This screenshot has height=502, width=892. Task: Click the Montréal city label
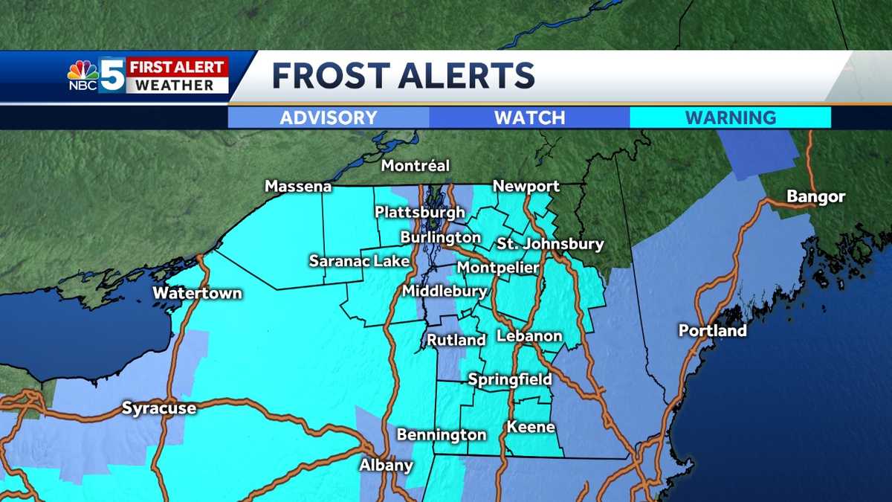point(416,166)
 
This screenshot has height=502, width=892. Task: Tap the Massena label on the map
point(298,187)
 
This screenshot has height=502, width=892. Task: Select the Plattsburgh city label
point(419,213)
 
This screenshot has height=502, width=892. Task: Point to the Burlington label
point(440,237)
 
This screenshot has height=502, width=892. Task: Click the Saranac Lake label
point(349,261)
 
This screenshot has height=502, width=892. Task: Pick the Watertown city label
point(197,293)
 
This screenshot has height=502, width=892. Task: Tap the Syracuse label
point(159,408)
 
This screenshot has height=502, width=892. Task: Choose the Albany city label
point(386,466)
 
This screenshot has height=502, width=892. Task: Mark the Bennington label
point(442,434)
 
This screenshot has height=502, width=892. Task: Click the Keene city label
point(531,427)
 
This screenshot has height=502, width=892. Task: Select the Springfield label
point(510,380)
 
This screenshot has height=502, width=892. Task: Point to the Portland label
point(712,330)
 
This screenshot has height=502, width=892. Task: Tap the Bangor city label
point(815,197)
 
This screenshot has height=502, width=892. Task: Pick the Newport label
point(526,187)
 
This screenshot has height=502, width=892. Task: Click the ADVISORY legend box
point(329,118)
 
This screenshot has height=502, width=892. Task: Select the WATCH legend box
point(529,118)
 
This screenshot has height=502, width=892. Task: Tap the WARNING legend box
point(730,118)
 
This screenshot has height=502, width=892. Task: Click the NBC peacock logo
point(83,71)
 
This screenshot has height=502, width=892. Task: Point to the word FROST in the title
point(329,76)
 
